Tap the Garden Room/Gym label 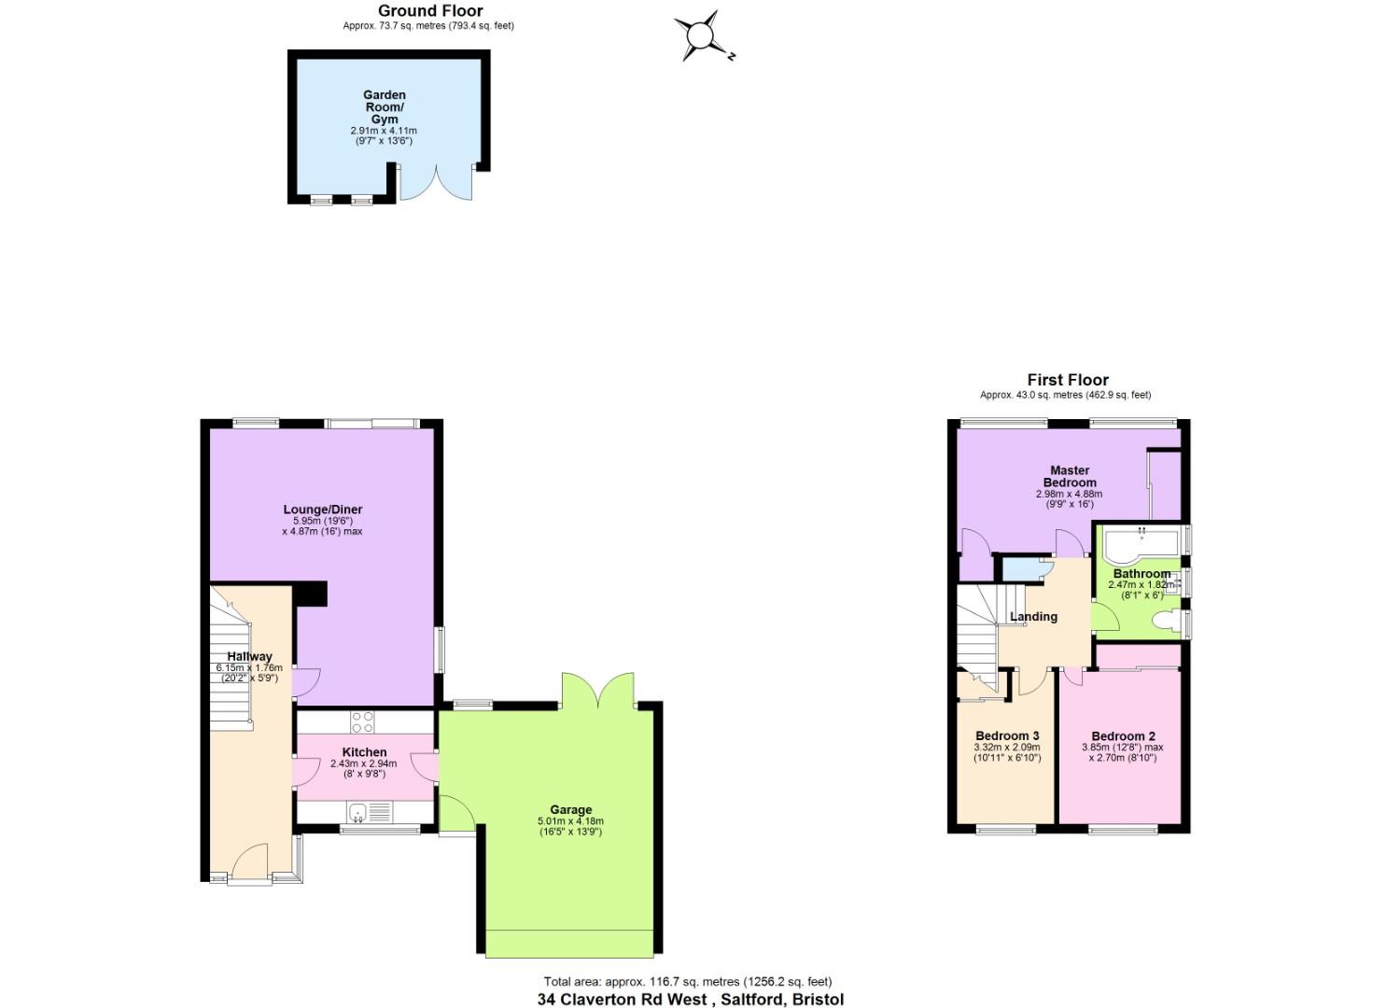coord(384,106)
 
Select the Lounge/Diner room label coord(322,510)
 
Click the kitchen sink coord(357,814)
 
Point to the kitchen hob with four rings coord(362,721)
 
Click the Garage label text coord(570,809)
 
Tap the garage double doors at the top coord(598,692)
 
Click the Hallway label coord(249,656)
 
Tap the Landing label coord(1033,616)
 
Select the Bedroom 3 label coord(1007,735)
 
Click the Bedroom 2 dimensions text coord(1123,752)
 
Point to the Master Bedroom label coord(1070,476)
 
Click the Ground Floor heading coord(430,11)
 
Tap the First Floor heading coord(1068,380)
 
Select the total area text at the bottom coord(688,981)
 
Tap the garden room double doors coord(435,183)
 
